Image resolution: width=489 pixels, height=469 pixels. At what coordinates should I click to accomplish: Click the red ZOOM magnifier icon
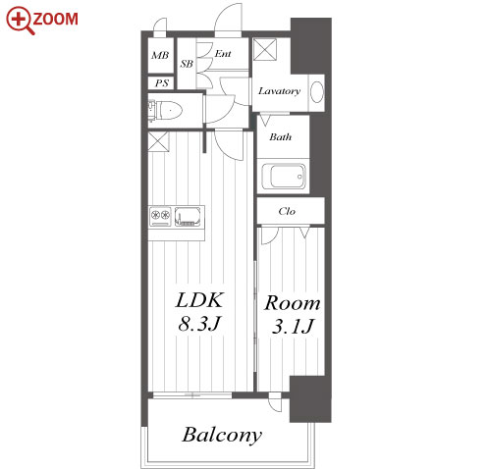point(21,21)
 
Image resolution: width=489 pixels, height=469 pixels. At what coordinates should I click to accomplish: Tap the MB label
point(160,55)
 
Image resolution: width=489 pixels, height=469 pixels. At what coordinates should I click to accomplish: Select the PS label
point(162,83)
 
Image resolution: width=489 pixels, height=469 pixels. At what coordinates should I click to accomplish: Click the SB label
point(187,64)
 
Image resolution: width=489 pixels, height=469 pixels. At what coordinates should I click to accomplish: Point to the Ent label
point(223,53)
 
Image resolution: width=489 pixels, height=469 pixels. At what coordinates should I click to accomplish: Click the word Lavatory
point(279,91)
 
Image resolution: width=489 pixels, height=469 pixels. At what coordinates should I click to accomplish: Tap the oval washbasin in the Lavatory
point(316,92)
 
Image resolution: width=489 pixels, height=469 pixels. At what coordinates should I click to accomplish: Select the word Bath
point(281,136)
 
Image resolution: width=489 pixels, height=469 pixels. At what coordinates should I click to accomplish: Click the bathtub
point(284,177)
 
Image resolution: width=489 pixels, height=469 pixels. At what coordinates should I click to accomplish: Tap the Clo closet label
point(287,211)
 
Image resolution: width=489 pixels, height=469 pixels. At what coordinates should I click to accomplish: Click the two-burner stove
point(160,216)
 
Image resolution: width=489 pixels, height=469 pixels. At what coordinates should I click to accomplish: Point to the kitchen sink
point(188,216)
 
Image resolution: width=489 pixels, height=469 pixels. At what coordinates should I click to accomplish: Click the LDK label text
point(199,300)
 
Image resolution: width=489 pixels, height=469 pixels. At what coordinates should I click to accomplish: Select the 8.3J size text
point(199,324)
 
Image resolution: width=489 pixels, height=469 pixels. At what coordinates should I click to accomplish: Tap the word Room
point(293,303)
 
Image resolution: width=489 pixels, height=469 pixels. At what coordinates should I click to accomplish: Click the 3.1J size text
point(293,326)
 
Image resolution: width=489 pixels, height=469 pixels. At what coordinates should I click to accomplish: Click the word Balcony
point(222,435)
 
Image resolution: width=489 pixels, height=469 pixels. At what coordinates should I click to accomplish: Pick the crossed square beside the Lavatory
point(265,50)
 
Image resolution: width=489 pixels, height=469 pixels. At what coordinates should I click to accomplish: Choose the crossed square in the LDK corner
point(158,141)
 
